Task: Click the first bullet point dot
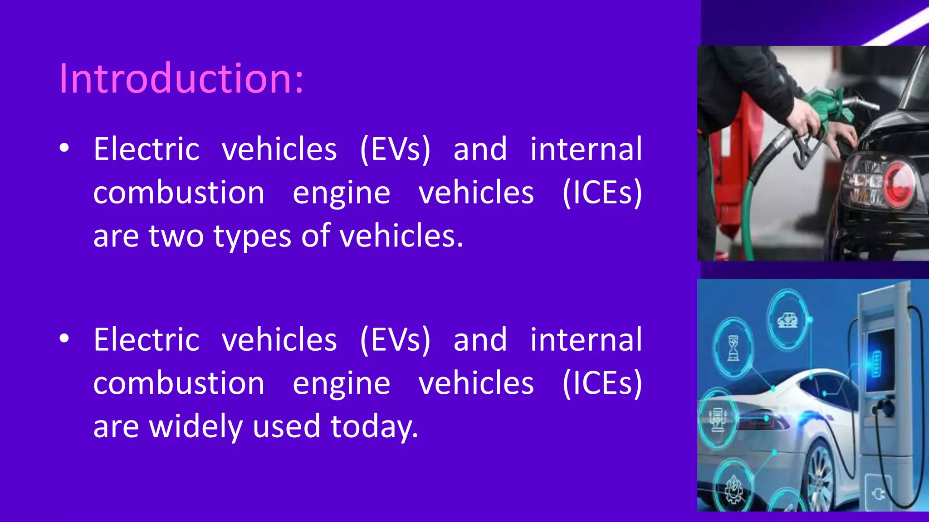pos(64,148)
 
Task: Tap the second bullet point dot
pos(64,338)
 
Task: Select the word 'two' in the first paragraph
pos(176,236)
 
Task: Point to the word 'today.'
pos(374,427)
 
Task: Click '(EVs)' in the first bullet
pos(395,149)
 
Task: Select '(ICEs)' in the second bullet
pos(602,383)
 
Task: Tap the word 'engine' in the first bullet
pos(341,193)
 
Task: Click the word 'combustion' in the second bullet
pos(179,383)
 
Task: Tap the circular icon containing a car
pos(788,319)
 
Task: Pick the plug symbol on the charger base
pos(878,493)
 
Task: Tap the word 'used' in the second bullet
pos(286,427)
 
